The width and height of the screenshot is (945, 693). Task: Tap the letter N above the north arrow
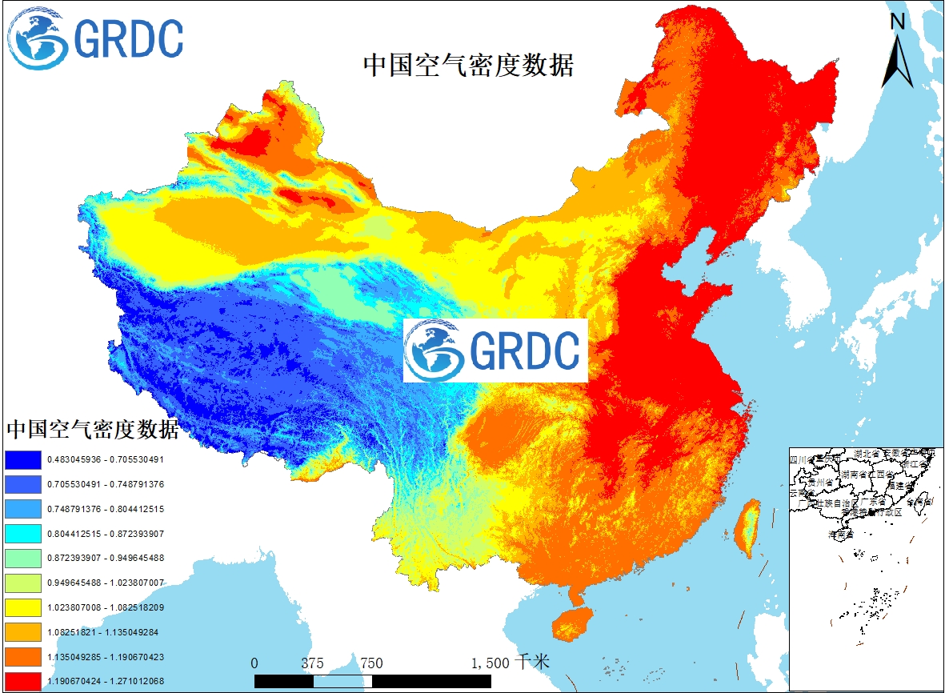pos(898,22)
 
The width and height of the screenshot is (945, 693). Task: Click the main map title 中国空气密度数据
pos(468,65)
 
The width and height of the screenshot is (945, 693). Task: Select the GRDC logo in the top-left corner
pos(96,38)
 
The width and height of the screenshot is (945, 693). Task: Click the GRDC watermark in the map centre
pos(495,351)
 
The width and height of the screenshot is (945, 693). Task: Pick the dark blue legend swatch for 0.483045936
pos(22,460)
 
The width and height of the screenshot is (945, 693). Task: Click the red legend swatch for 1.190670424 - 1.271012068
pos(22,681)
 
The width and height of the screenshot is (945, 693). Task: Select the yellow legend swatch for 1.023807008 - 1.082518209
pos(22,607)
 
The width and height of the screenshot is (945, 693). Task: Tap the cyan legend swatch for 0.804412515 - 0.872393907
pos(22,534)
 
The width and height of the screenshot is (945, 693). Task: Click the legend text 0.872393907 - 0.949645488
pos(106,558)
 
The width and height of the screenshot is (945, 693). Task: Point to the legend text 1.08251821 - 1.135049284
pos(102,632)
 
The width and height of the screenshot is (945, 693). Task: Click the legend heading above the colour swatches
pos(92,430)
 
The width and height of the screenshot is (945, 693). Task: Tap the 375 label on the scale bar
pos(313,663)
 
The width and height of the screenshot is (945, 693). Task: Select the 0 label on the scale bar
pos(254,663)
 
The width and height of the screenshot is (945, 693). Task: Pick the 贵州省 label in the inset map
pos(820,483)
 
